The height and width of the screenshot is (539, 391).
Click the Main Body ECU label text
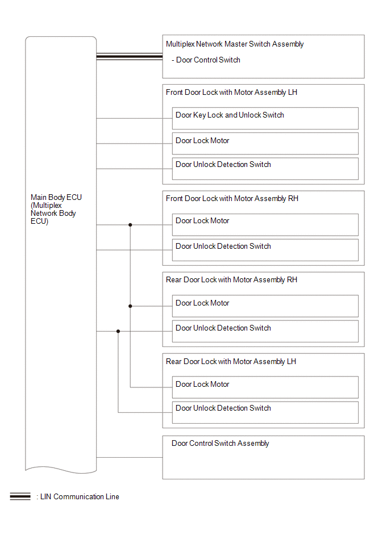[x=56, y=209]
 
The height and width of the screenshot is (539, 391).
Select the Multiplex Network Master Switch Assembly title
[x=235, y=44]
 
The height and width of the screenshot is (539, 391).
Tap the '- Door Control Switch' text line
[x=206, y=60]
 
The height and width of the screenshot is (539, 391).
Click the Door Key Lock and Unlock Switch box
[x=265, y=118]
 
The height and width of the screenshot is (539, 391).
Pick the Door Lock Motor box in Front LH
[x=265, y=143]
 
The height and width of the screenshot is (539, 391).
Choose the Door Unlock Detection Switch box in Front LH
[x=265, y=169]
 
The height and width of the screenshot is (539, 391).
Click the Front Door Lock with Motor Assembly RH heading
[x=232, y=199]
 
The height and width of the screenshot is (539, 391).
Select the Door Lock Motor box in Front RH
[x=265, y=225]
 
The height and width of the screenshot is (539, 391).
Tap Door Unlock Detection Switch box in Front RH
[x=265, y=250]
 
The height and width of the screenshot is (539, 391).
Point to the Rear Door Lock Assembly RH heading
[x=231, y=280]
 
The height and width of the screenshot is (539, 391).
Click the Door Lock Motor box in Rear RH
[x=265, y=306]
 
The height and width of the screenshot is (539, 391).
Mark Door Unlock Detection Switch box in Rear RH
[x=265, y=331]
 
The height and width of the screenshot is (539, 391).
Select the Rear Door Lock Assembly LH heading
[x=231, y=361]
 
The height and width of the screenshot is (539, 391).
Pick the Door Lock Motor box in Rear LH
[x=265, y=387]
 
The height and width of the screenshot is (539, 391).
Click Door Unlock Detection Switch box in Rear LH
[x=265, y=412]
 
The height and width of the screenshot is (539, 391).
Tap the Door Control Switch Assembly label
[x=220, y=444]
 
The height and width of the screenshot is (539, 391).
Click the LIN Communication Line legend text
[x=80, y=497]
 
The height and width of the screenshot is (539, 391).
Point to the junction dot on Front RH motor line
[x=130, y=225]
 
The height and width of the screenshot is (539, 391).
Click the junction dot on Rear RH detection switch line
[x=118, y=331]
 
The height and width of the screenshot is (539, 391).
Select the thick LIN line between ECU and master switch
[x=130, y=57]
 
